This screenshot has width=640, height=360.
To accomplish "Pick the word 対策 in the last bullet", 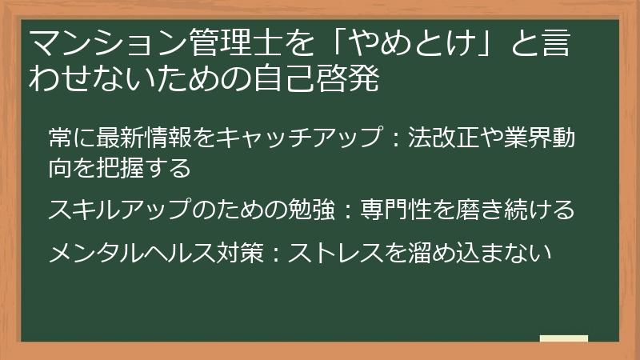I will [258, 253].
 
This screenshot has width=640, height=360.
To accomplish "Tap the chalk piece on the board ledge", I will [563, 338].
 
